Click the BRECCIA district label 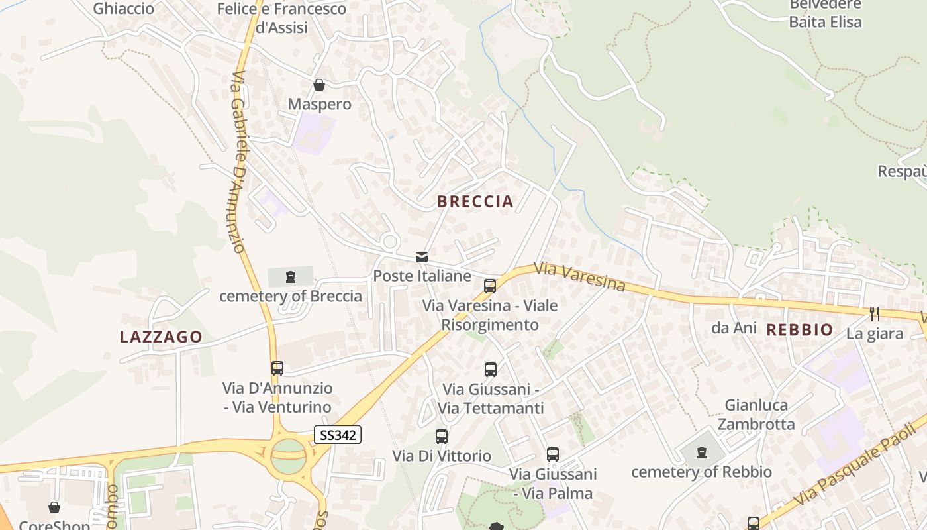pyautogui.click(x=475, y=202)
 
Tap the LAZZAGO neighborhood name pyautogui.click(x=161, y=337)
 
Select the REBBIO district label pyautogui.click(x=800, y=329)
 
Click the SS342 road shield pyautogui.click(x=338, y=435)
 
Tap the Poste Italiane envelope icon pyautogui.click(x=422, y=257)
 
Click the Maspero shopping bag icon pyautogui.click(x=319, y=85)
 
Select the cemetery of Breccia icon pyautogui.click(x=290, y=277)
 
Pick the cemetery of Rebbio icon pyautogui.click(x=702, y=453)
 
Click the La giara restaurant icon pyautogui.click(x=875, y=314)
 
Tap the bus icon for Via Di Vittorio pyautogui.click(x=442, y=437)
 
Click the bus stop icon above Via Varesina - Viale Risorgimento pyautogui.click(x=490, y=286)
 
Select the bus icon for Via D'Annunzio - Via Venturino pyautogui.click(x=277, y=368)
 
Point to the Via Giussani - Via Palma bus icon pyautogui.click(x=553, y=454)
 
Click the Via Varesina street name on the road pyautogui.click(x=580, y=277)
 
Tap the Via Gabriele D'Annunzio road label pyautogui.click(x=239, y=162)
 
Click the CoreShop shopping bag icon pyautogui.click(x=54, y=507)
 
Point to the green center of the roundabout pyautogui.click(x=289, y=456)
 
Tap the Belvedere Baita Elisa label pyautogui.click(x=825, y=13)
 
